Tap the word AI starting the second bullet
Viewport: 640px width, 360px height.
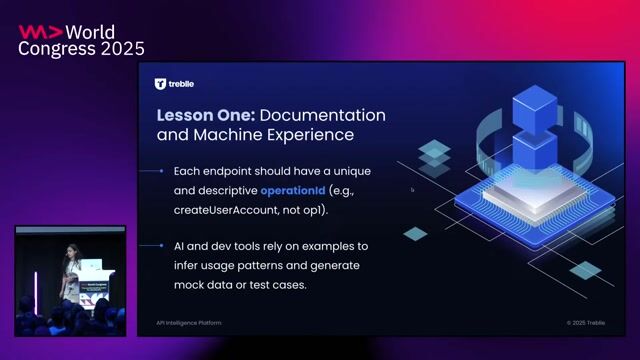point(180,246)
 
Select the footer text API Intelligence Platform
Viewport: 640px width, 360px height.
point(188,323)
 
